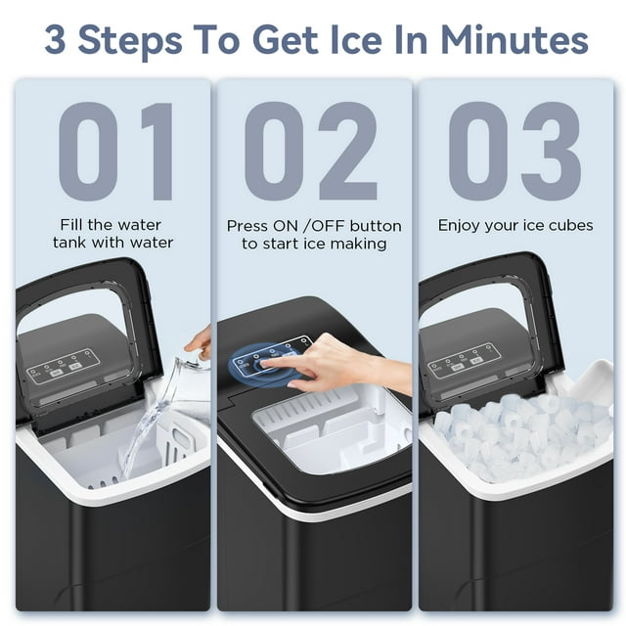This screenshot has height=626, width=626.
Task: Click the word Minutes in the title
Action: (x=514, y=40)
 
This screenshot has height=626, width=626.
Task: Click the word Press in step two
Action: (x=248, y=226)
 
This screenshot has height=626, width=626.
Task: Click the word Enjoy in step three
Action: (x=460, y=226)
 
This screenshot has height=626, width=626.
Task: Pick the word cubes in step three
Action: (x=569, y=226)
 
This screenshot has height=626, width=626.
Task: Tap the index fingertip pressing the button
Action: (x=267, y=363)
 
